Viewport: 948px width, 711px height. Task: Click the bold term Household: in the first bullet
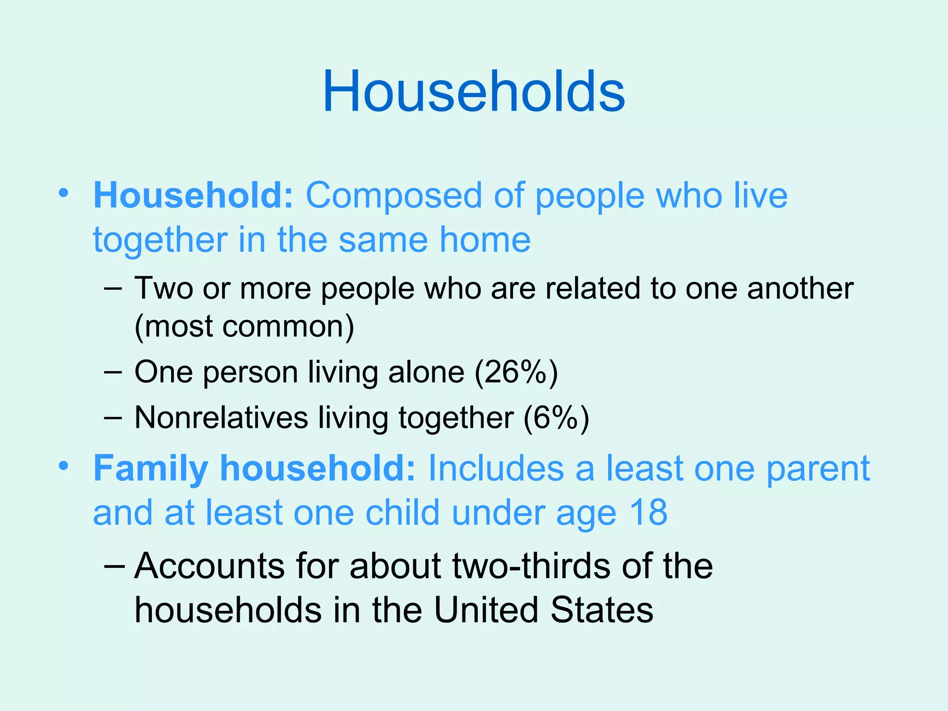tap(193, 196)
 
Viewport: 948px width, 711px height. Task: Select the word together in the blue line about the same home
tap(160, 241)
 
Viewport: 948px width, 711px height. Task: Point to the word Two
tap(163, 288)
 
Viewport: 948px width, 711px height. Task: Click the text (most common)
tap(244, 327)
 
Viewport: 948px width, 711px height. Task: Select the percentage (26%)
tap(516, 372)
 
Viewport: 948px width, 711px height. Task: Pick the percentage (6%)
tap(556, 418)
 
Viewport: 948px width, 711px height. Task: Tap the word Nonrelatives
tap(221, 418)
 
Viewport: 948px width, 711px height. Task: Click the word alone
tap(426, 372)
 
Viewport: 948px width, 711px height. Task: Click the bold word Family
tap(150, 469)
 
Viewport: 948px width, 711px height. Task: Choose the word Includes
tap(496, 468)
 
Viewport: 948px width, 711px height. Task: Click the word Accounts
tap(209, 566)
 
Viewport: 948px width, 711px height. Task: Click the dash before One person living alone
tap(112, 372)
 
